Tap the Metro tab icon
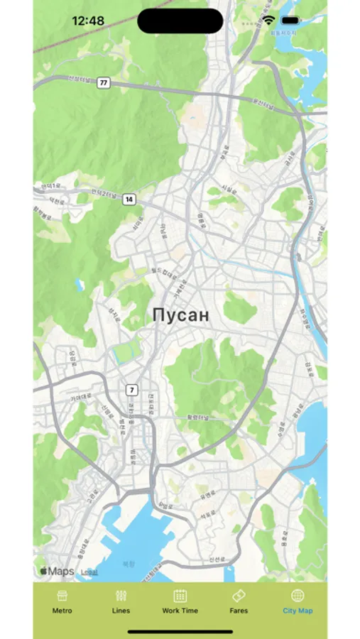(x=62, y=595)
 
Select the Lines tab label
(x=121, y=611)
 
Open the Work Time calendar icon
(x=180, y=595)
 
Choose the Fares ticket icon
(x=239, y=595)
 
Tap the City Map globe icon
(x=298, y=595)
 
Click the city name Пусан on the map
(x=181, y=316)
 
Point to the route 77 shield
(x=104, y=83)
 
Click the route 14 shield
(x=129, y=200)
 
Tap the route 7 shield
(x=131, y=390)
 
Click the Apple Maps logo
(x=57, y=571)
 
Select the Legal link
(x=89, y=572)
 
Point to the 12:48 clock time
(x=89, y=21)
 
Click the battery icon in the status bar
(x=290, y=21)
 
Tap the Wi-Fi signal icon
(x=268, y=21)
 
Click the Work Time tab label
(x=180, y=611)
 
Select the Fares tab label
(x=239, y=611)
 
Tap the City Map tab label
(x=298, y=611)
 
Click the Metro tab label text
(x=62, y=611)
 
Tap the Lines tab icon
(x=121, y=595)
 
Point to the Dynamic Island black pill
(x=180, y=21)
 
